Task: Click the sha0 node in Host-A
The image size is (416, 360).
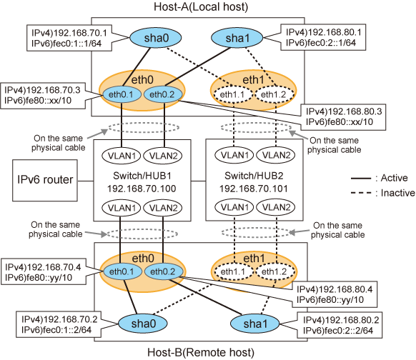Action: click(156, 38)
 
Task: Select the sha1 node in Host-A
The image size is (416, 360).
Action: click(237, 38)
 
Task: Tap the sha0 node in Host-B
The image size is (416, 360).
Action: click(143, 324)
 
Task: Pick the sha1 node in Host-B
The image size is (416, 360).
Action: click(255, 324)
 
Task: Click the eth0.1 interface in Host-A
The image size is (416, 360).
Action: click(122, 94)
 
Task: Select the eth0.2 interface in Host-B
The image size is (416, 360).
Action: click(164, 271)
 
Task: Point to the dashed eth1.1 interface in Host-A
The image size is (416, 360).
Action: click(232, 94)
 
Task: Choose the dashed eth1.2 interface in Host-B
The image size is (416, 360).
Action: click(275, 271)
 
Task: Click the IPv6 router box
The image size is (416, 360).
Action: click(45, 180)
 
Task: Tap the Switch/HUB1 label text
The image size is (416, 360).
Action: click(142, 176)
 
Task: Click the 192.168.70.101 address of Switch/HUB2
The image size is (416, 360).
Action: click(254, 189)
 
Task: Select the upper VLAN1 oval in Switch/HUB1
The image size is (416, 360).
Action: click(122, 156)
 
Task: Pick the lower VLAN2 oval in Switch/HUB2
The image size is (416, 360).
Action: click(276, 207)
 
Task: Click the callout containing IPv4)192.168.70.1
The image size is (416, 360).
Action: click(69, 38)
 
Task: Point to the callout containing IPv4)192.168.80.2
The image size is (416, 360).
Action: click(340, 325)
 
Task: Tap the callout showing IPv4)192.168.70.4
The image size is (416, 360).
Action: click(44, 271)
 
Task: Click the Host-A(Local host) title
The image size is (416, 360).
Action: click(201, 6)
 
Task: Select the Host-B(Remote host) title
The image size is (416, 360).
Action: click(201, 353)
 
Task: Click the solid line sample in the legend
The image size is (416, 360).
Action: click(361, 179)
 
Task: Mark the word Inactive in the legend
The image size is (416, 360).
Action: click(397, 193)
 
